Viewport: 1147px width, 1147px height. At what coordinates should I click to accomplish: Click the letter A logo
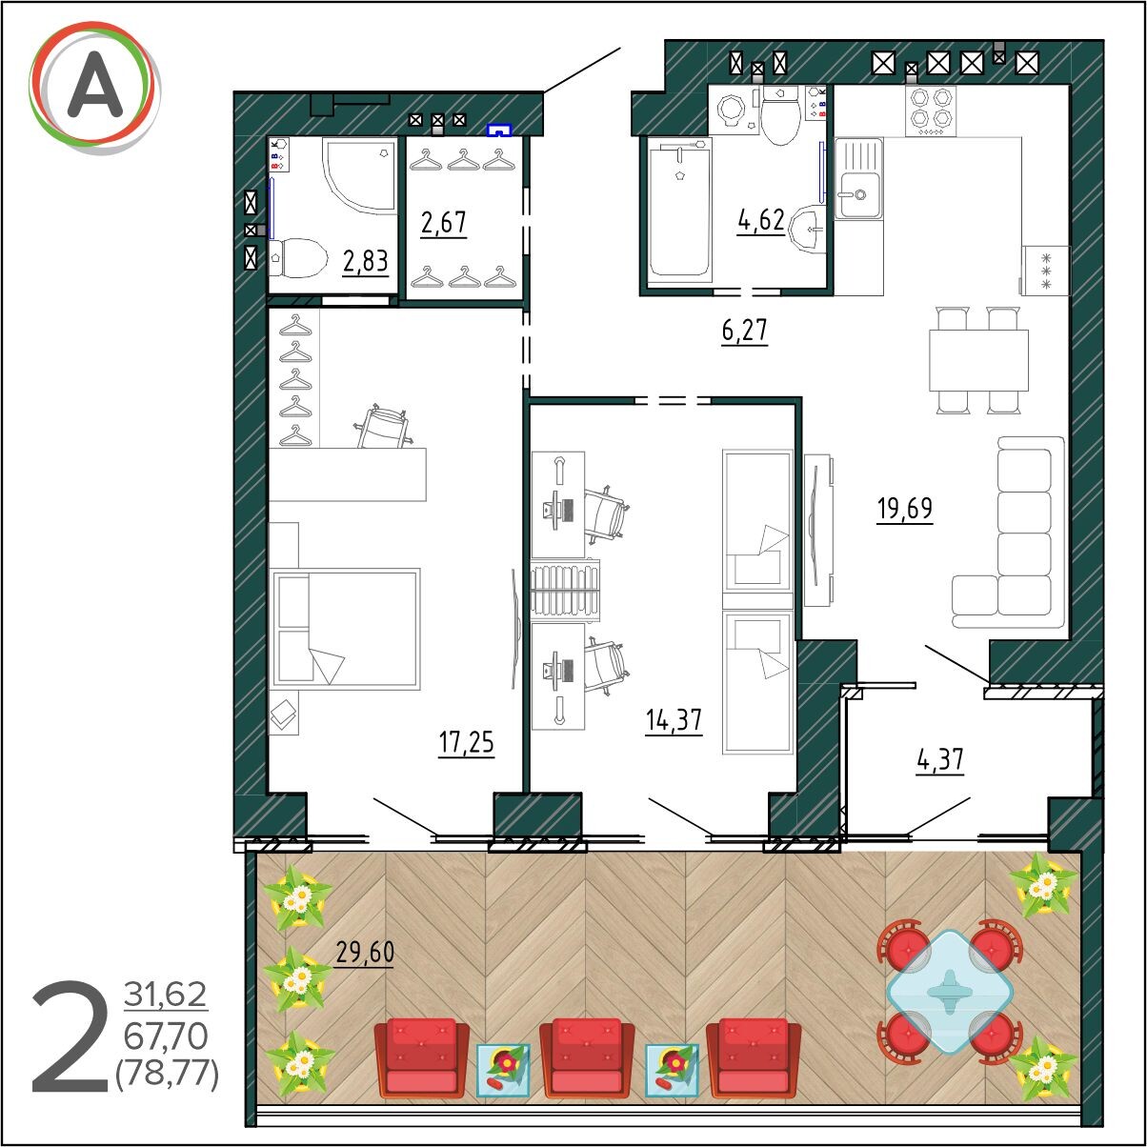(x=94, y=88)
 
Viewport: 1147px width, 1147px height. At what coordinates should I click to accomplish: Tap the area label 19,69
(x=904, y=509)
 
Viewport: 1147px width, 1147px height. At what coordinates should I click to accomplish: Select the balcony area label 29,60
(x=365, y=952)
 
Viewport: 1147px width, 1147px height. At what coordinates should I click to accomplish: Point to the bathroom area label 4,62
(x=761, y=220)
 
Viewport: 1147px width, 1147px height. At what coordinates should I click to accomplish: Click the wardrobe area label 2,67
(x=443, y=223)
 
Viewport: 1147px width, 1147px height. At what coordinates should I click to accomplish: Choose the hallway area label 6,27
(x=744, y=331)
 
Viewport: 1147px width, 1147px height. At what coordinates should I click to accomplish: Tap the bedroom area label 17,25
(x=466, y=742)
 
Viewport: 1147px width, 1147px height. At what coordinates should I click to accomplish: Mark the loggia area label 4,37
(x=940, y=760)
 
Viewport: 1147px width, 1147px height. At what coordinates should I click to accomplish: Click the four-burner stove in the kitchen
(x=931, y=111)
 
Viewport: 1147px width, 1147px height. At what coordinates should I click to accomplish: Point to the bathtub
(x=679, y=210)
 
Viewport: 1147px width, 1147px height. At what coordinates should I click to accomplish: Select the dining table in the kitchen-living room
(x=979, y=360)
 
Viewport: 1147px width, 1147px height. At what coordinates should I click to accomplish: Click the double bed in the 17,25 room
(x=346, y=629)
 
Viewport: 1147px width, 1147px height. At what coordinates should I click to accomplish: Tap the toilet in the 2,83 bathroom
(x=298, y=258)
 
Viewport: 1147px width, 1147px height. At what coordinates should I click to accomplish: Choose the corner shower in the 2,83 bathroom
(x=359, y=175)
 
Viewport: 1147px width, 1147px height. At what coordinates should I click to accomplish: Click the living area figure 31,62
(x=166, y=995)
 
